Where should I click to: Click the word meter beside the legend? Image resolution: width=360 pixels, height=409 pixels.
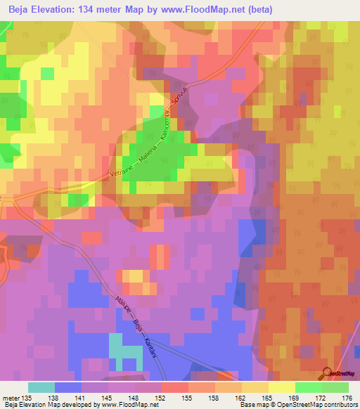[x=11, y=398]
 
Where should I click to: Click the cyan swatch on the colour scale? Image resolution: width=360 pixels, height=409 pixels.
[x=41, y=388]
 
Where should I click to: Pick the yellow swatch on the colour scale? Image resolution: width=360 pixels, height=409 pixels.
[x=282, y=388]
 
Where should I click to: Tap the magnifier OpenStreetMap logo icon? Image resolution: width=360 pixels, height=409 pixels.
[x=328, y=375]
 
